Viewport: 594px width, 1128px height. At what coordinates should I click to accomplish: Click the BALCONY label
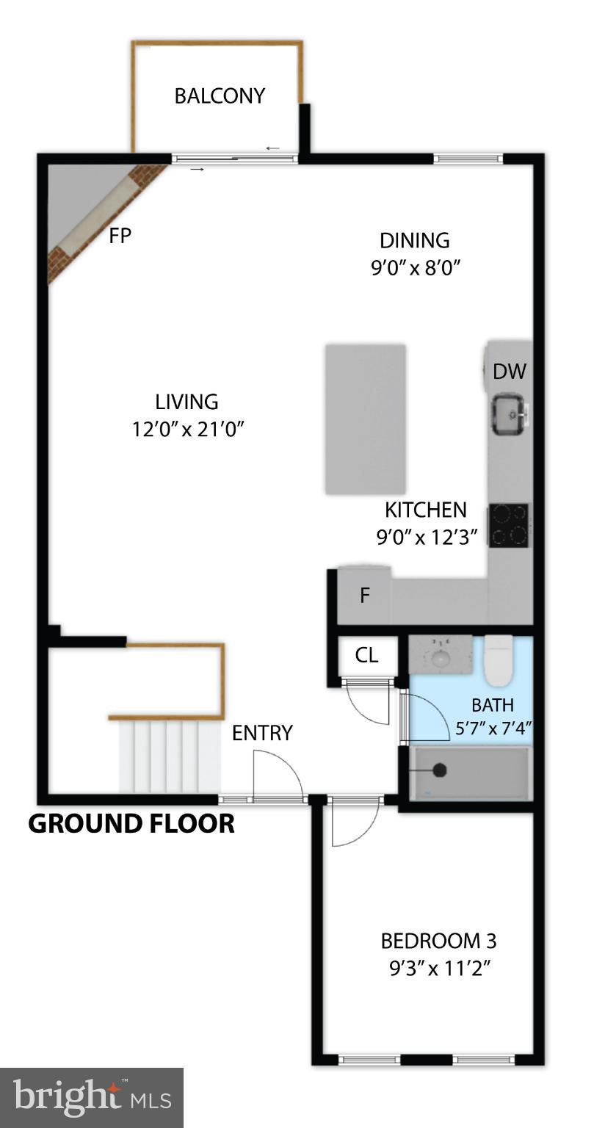(219, 96)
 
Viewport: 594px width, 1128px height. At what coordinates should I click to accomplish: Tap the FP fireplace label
(120, 236)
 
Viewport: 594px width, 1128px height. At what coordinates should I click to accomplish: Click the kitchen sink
(508, 414)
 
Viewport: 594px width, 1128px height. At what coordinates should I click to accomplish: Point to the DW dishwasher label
(509, 372)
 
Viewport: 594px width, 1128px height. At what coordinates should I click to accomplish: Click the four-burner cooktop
(509, 525)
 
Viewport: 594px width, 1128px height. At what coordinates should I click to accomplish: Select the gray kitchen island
(366, 419)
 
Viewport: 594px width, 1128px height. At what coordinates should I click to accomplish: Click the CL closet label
(366, 655)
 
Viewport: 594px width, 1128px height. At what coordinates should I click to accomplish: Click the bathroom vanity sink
(440, 654)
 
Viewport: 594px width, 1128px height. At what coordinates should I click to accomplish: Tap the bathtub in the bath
(470, 773)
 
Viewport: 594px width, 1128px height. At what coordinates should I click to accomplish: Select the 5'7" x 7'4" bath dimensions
(493, 728)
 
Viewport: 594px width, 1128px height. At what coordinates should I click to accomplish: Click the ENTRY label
(262, 733)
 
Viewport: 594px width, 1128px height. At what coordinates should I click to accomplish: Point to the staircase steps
(170, 756)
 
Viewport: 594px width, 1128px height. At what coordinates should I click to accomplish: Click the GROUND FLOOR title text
(131, 824)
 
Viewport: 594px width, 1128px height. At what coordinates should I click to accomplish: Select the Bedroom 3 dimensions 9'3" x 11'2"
(439, 969)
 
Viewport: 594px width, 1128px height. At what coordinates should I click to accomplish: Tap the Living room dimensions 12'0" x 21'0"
(187, 429)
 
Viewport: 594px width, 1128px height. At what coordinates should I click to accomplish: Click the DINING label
(414, 240)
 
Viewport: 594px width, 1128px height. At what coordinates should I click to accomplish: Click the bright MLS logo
(91, 1097)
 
